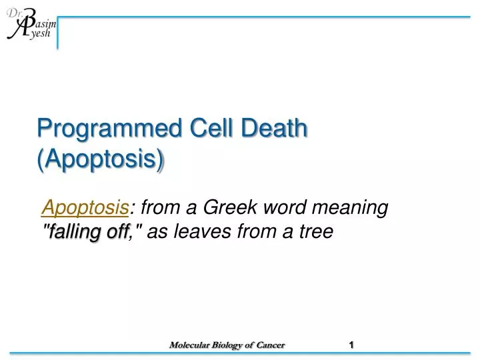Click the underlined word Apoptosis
85,209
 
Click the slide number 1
351,345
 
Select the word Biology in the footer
226,345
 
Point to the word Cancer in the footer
269,345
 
